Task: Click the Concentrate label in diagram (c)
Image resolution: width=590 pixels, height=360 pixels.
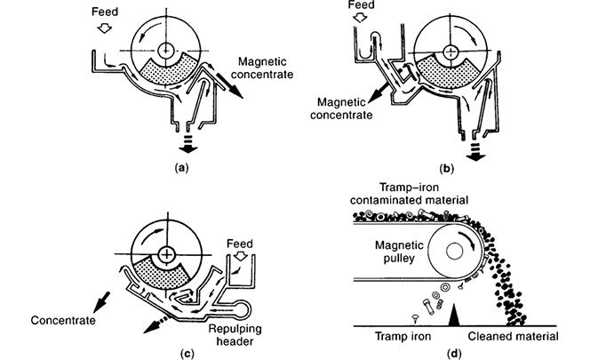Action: [x=62, y=318]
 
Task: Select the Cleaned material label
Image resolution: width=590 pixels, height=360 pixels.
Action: [x=515, y=339]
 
